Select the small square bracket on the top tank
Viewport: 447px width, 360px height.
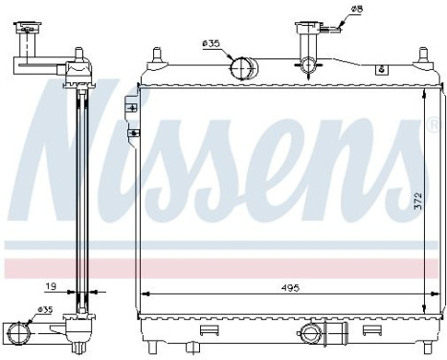point(381,69)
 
